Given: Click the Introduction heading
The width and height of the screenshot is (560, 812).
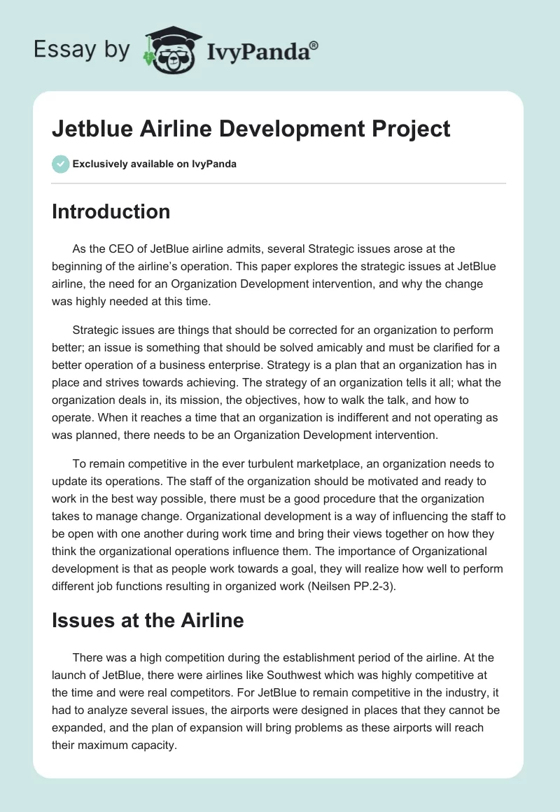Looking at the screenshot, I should click(x=111, y=212).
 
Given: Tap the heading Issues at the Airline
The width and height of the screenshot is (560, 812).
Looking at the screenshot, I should click(x=148, y=619).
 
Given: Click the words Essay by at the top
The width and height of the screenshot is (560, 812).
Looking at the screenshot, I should click(x=81, y=50).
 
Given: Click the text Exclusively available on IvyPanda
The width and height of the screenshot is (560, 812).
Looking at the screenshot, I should click(x=154, y=164).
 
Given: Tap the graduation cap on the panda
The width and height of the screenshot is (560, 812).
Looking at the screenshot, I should click(x=171, y=35).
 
